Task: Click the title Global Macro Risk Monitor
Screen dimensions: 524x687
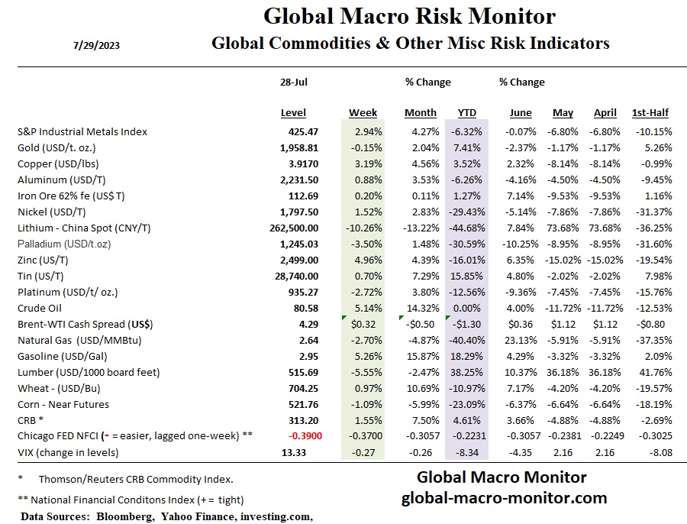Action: point(409,16)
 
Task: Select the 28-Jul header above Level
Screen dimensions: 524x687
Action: point(293,82)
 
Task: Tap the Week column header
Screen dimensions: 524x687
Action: point(363,113)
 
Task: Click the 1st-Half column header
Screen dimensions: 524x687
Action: point(650,113)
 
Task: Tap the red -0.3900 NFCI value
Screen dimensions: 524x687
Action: point(300,436)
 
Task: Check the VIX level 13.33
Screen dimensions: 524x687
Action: point(305,452)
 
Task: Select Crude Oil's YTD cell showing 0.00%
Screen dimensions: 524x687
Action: point(467,309)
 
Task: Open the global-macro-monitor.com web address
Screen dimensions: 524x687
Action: point(504,499)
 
